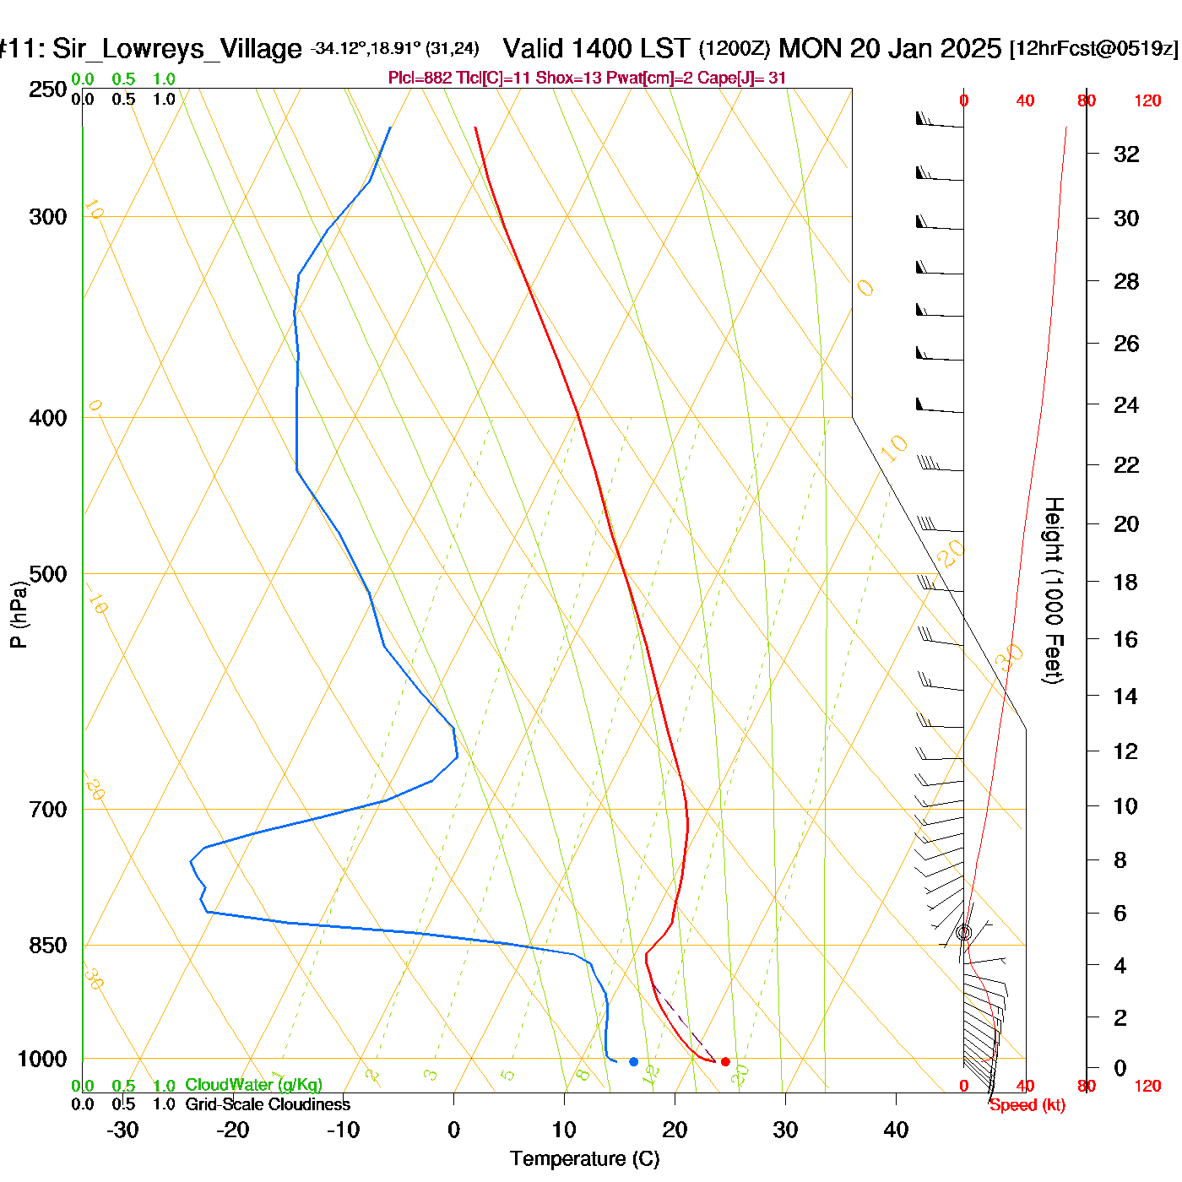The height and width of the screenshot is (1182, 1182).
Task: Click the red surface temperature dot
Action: point(725,1061)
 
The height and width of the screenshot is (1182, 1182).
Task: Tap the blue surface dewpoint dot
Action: point(633,1061)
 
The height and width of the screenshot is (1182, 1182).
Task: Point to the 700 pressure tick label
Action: point(48,810)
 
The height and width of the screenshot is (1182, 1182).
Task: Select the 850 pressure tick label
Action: point(48,946)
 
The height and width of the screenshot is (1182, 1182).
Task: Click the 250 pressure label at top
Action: point(48,89)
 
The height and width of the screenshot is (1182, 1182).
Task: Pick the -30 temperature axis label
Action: point(122,1130)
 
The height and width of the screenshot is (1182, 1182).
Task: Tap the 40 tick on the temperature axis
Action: point(896,1130)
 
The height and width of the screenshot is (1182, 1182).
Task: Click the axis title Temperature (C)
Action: point(584,1159)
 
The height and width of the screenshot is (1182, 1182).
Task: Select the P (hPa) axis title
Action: point(19,615)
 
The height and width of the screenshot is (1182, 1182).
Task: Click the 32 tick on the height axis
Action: point(1126,155)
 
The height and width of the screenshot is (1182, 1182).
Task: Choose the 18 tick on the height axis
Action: point(1125,582)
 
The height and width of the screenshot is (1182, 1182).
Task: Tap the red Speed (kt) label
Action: point(1027,1105)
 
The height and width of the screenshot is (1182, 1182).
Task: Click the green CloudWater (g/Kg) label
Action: point(253,1085)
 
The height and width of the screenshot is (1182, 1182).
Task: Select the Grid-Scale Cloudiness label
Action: point(268,1104)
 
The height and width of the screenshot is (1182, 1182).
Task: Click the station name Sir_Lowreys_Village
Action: point(176,49)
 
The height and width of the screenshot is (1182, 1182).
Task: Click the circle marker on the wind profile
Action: point(964,932)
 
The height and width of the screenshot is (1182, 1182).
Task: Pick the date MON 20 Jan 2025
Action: point(890,48)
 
